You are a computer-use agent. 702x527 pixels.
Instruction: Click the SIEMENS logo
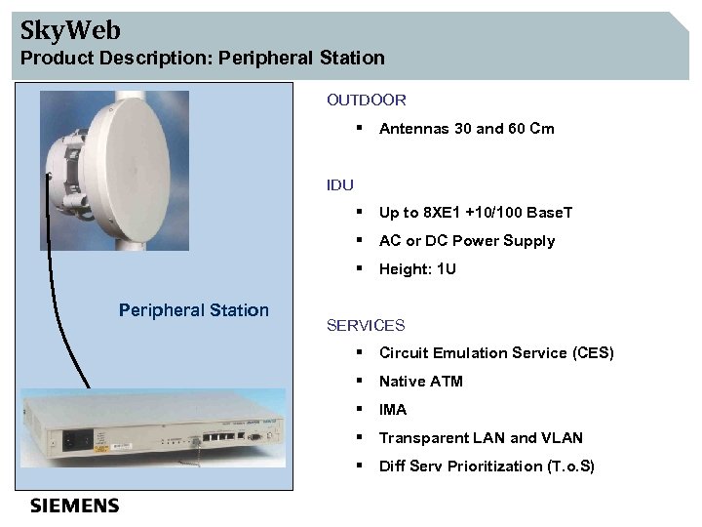pos(75,506)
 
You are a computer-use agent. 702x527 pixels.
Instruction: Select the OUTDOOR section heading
pos(366,100)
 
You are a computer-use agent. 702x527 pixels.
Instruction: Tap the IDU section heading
pos(340,184)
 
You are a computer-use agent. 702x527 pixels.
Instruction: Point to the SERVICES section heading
pos(365,325)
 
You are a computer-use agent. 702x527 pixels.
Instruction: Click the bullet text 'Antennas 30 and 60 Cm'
pos(466,128)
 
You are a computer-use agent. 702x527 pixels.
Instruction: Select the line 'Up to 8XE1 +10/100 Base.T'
pos(476,213)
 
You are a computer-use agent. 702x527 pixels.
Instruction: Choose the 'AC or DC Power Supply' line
pos(466,241)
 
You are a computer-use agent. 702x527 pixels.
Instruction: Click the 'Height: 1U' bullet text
pos(417,269)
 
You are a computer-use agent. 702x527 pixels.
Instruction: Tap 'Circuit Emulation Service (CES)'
pos(496,353)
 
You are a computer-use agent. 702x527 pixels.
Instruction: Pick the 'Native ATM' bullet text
pos(420,382)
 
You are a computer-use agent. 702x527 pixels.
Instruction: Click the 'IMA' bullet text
pos(393,410)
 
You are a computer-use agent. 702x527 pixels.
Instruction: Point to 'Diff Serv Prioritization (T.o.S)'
pos(487,466)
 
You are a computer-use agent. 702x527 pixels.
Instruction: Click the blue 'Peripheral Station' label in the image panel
pos(193,310)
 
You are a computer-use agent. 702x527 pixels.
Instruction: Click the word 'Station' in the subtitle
pos(349,58)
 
